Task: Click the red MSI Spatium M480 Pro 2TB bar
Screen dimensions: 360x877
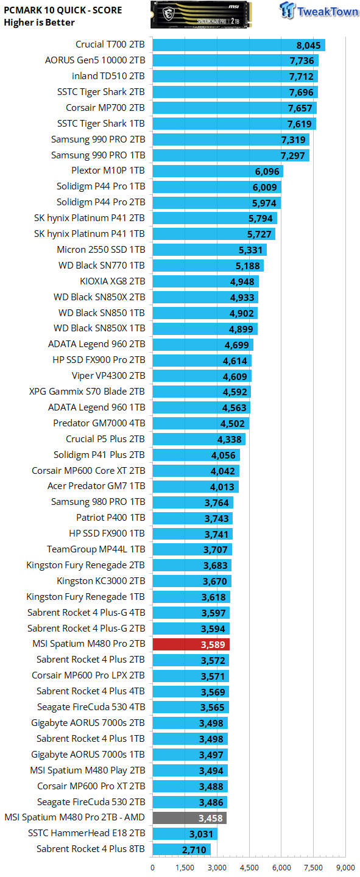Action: tap(191, 644)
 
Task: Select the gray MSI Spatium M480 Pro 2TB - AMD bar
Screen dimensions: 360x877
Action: tap(189, 817)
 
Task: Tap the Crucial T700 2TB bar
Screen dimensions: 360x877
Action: tap(239, 45)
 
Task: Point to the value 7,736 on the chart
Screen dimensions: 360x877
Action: tap(302, 61)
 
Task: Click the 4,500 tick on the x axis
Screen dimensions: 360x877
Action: tap(249, 868)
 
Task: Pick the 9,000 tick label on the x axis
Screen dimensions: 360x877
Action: tap(345, 868)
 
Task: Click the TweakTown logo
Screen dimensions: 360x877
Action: tap(319, 10)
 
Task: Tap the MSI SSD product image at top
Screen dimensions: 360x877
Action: tap(202, 15)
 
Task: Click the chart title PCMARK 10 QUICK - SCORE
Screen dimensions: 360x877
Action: tap(63, 10)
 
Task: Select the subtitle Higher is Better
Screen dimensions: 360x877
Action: tap(39, 23)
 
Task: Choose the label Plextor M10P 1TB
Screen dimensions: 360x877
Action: tap(108, 171)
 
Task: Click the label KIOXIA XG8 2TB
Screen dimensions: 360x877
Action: tap(113, 281)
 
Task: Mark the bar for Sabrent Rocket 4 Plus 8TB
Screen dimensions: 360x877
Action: tap(182, 849)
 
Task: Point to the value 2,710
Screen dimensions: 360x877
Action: tap(194, 850)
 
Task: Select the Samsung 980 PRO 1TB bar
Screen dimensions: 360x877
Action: tap(193, 502)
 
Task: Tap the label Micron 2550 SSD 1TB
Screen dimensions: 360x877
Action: tap(101, 250)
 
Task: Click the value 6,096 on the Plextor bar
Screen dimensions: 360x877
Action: tap(267, 172)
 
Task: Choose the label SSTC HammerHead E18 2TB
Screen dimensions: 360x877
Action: tap(86, 833)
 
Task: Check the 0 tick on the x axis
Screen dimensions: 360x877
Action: tap(153, 868)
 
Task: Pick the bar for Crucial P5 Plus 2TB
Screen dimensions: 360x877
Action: tap(199, 439)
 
